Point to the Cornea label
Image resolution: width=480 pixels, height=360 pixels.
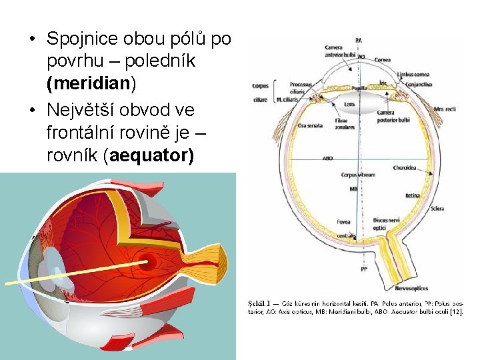pos(383,59)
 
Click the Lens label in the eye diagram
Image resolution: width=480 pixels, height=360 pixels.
pos(349,105)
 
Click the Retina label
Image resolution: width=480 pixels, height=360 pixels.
pos(413,196)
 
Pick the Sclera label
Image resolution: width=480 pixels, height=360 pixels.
pos(437,209)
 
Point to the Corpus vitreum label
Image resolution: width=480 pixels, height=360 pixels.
pos(359,175)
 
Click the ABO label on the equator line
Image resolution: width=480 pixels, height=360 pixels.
pos(327,159)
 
